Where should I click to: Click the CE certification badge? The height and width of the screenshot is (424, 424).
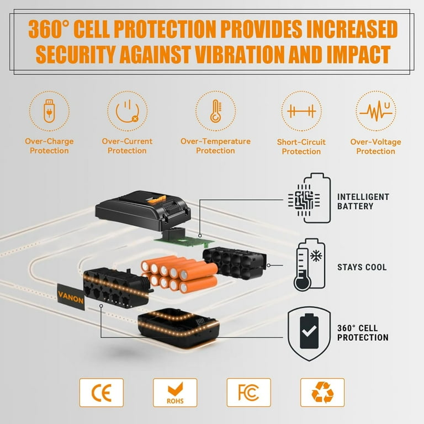102,393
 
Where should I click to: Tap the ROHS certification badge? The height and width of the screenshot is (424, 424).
175,393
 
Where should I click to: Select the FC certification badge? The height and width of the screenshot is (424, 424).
249,393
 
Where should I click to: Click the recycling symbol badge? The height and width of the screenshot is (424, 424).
322,393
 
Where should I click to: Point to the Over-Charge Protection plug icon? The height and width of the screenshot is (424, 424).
49,111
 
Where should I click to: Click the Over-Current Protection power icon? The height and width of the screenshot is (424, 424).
128,111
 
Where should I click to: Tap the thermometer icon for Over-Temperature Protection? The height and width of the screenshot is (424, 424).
216,111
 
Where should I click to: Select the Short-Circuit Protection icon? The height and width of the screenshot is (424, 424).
301,111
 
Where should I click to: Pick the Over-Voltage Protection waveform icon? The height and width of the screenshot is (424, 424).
376,111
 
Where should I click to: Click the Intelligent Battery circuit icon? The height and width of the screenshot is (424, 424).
309,198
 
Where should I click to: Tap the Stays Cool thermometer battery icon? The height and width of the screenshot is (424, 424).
310,265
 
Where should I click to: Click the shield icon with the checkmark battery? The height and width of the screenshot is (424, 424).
309,333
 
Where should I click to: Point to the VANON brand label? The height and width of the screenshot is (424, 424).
71,296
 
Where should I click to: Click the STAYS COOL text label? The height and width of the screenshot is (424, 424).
362,267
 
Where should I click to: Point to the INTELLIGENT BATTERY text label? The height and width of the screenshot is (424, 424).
363,202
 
